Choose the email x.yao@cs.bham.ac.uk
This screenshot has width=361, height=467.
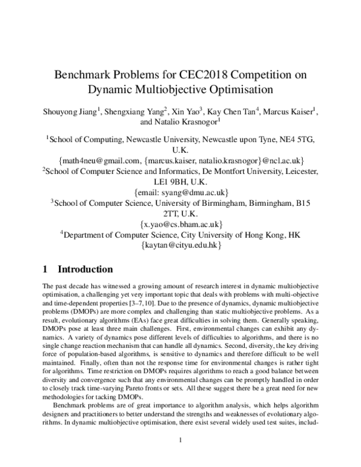click(x=180, y=224)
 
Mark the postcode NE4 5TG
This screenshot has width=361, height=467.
click(x=295, y=139)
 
